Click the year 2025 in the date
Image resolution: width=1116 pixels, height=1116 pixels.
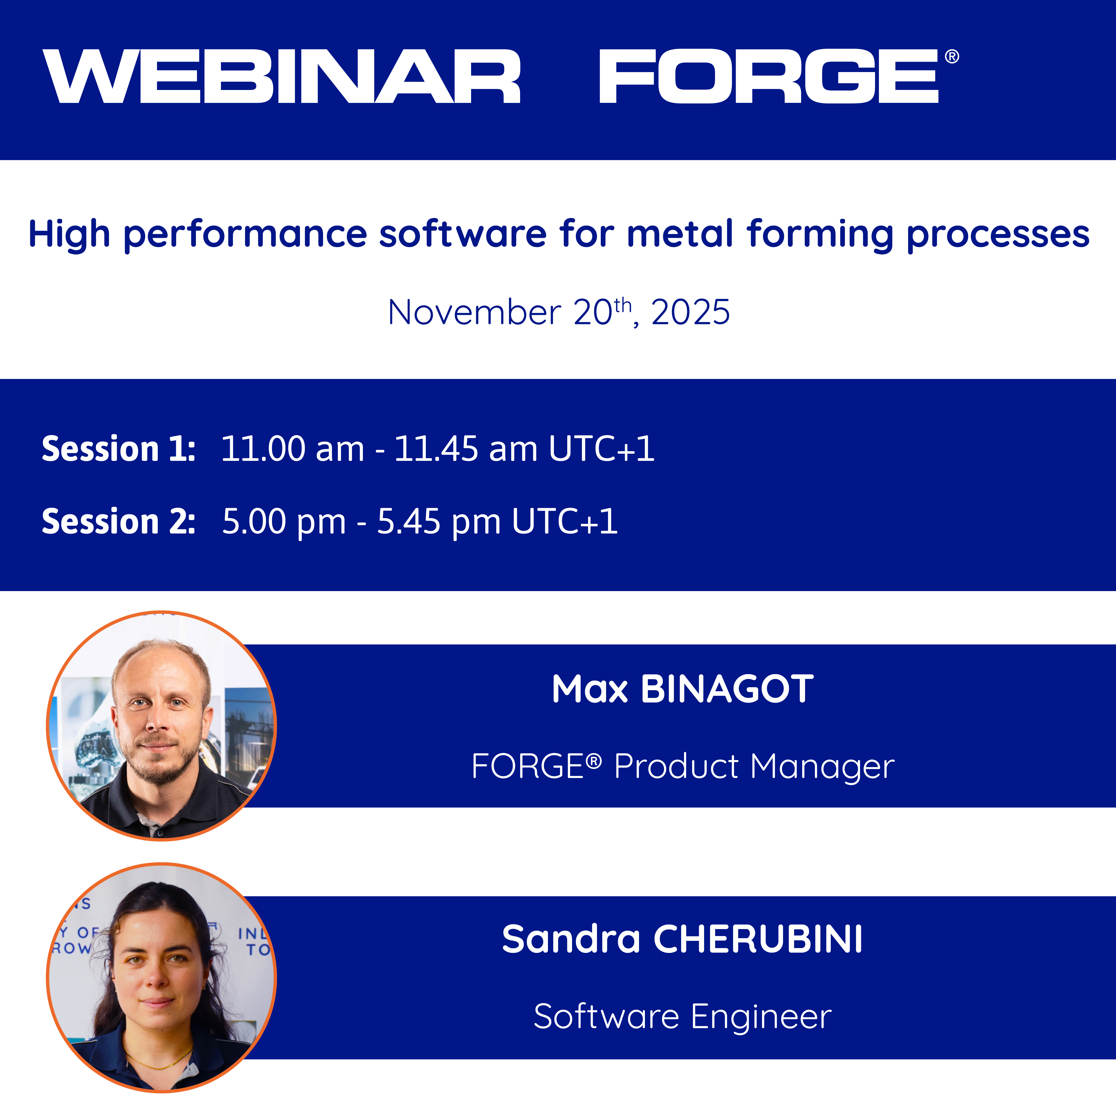click(x=690, y=313)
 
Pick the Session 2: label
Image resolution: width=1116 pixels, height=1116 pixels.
click(x=118, y=522)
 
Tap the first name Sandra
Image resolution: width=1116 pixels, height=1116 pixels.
click(x=571, y=939)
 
